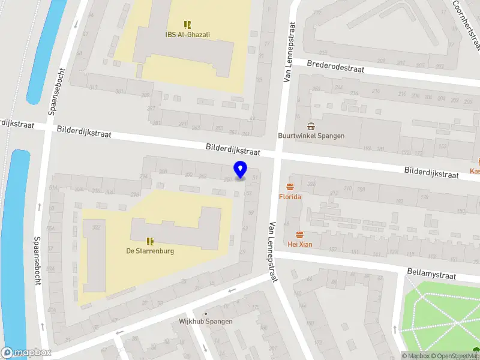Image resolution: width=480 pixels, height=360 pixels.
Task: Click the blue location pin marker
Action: point(240,170)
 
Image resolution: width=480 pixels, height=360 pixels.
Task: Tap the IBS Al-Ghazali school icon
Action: point(187,25)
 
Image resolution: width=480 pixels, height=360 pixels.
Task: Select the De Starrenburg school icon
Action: point(150,241)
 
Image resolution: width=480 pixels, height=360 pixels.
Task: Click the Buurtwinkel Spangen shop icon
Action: point(311,126)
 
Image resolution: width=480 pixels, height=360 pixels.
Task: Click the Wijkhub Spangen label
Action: point(206,321)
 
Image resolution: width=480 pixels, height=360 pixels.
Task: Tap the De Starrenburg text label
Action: point(150,251)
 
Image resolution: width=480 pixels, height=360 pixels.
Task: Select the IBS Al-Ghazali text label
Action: point(187,34)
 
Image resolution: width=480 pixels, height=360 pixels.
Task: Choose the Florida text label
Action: point(290,197)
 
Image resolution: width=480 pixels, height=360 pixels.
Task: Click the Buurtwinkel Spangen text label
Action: point(311,136)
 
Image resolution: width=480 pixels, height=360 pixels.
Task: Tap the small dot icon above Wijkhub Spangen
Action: point(206,313)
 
